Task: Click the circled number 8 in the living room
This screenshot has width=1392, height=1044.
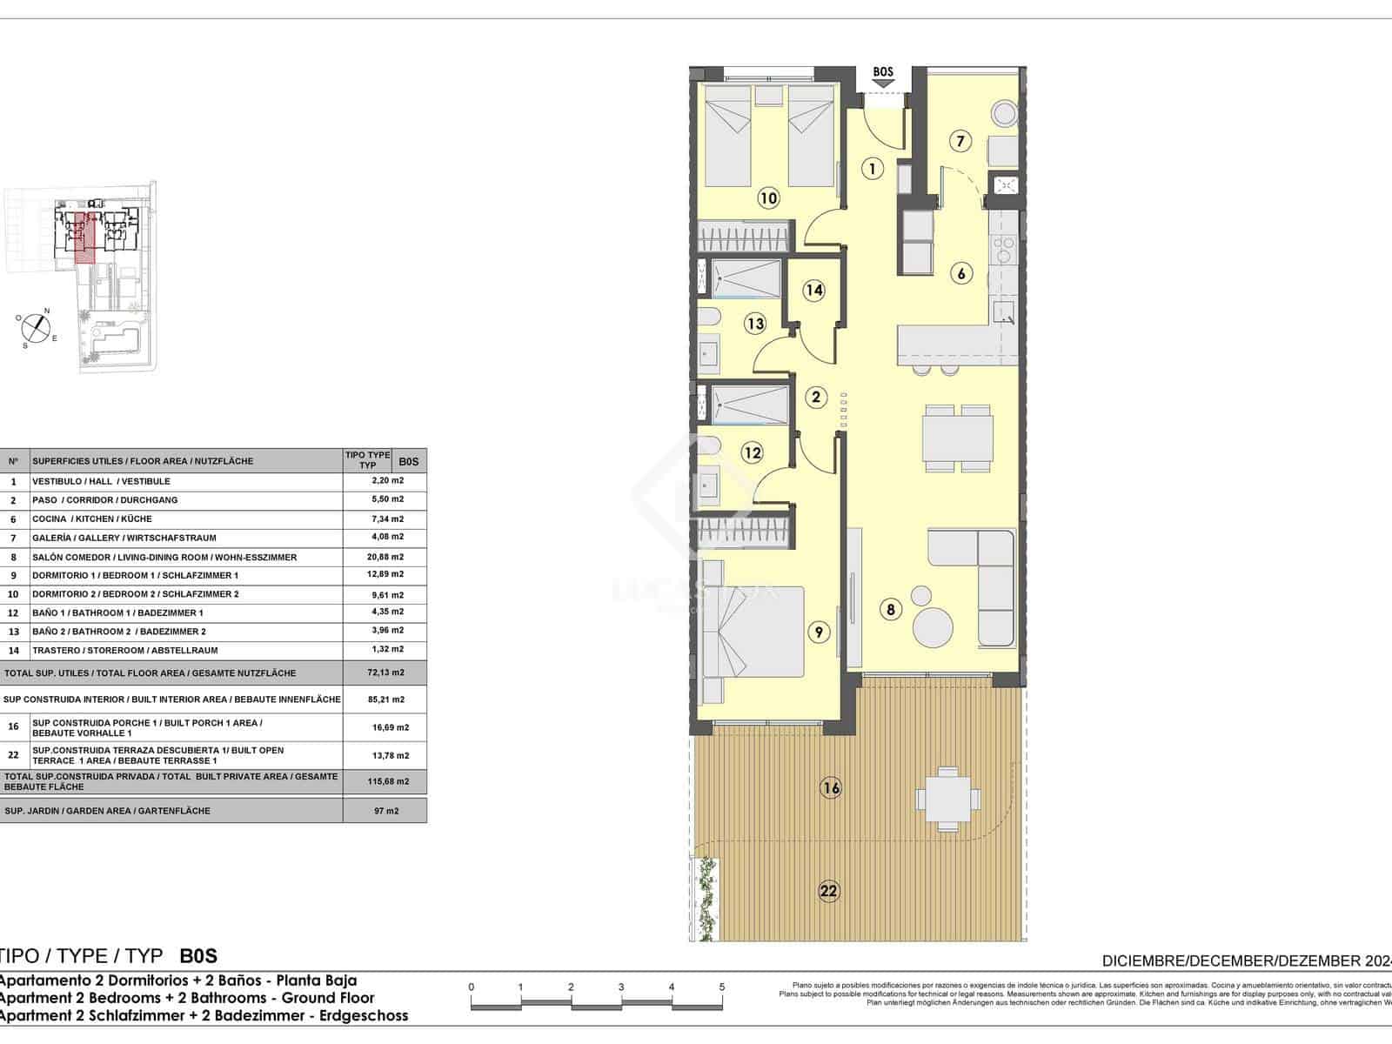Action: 890,609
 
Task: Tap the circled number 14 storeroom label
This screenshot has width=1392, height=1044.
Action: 813,290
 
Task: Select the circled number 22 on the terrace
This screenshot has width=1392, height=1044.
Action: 828,890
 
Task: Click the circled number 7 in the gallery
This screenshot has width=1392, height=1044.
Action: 960,141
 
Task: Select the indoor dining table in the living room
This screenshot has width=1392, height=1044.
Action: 958,438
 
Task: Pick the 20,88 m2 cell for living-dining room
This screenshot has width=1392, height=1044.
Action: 385,557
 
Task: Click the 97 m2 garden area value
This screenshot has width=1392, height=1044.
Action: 385,811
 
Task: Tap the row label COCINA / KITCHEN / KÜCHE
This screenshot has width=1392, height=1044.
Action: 91,519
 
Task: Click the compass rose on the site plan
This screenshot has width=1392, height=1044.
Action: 35,326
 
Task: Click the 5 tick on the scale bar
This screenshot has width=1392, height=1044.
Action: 722,987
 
